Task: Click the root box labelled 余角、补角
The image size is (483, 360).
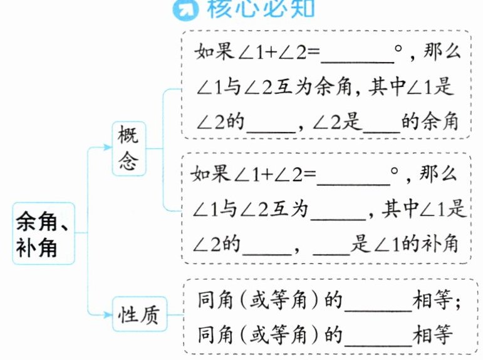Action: click(x=43, y=233)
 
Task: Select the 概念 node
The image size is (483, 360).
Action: click(x=128, y=148)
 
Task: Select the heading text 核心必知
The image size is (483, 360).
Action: click(x=260, y=8)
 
